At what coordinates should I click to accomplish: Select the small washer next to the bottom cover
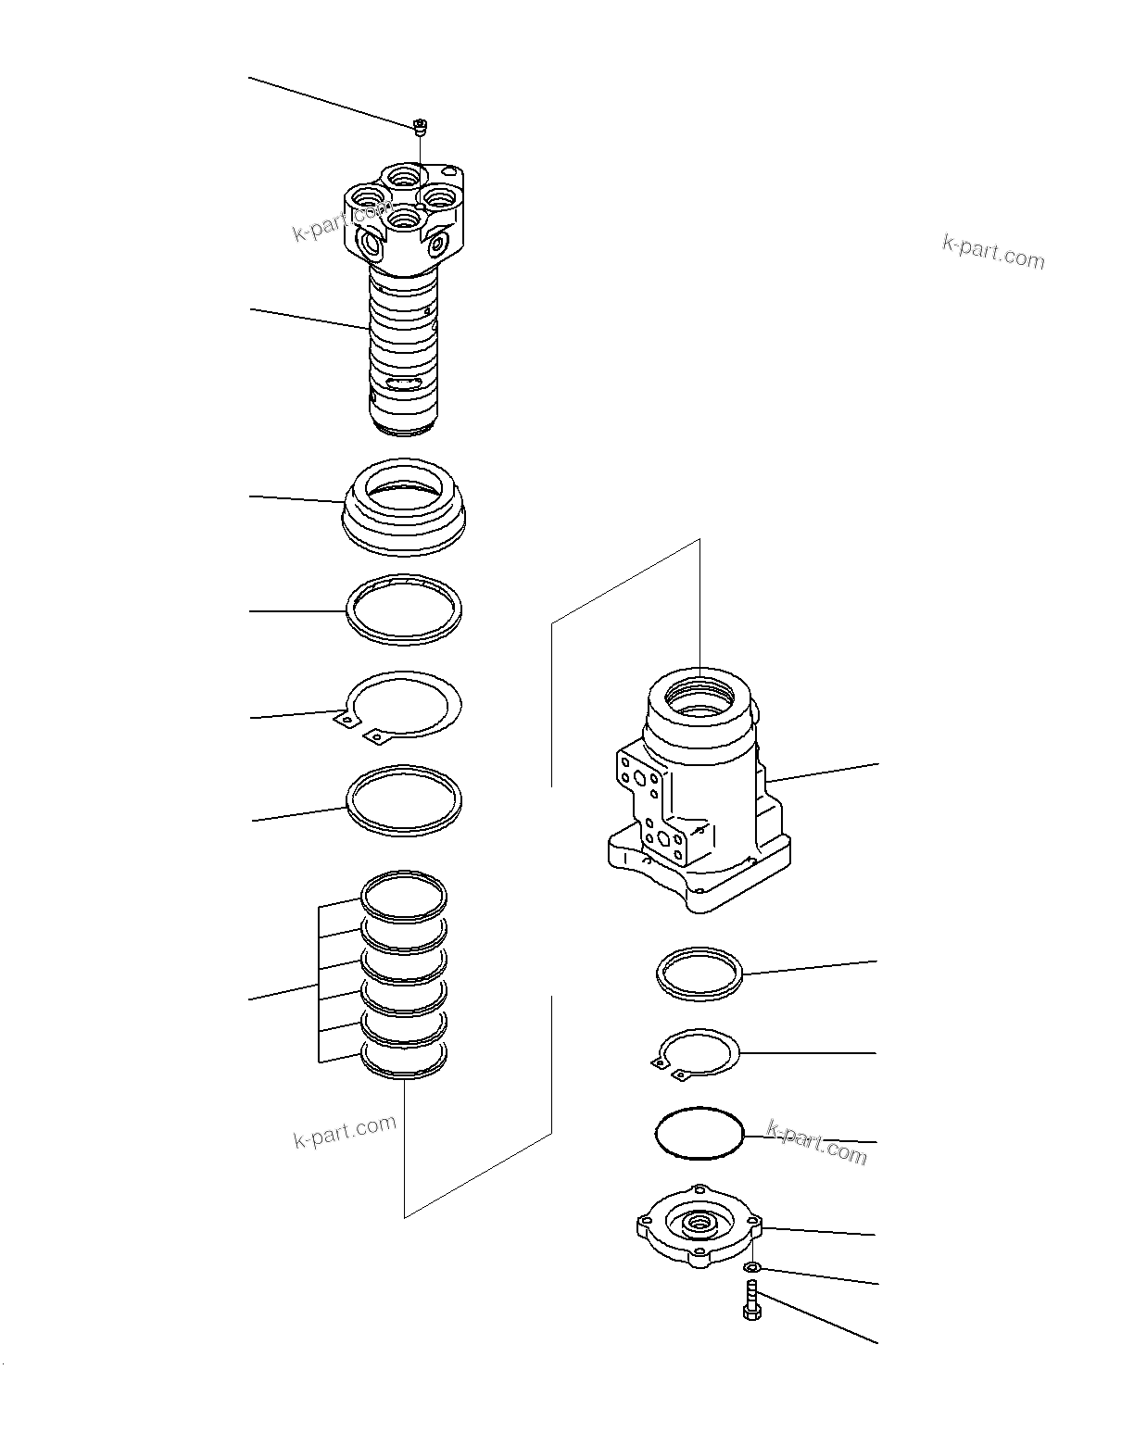752,1266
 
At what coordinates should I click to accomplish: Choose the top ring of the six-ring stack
404,894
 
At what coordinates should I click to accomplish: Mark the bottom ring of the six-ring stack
404,1060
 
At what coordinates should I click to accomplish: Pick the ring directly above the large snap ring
403,609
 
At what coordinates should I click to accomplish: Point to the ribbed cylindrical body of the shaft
403,352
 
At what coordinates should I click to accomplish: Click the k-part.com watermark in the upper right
992,251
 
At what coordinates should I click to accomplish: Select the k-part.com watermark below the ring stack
345,1131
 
